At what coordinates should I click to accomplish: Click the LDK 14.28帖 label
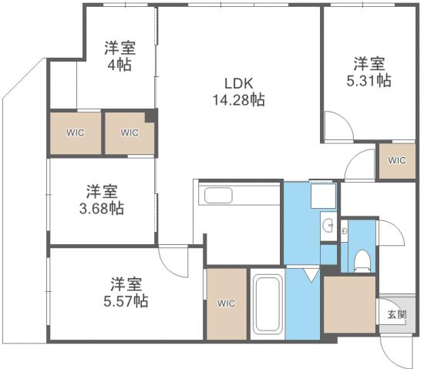[239, 92]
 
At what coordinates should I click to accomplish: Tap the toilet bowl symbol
[362, 260]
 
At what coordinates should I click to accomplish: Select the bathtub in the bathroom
[268, 304]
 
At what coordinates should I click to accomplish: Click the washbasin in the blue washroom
[328, 227]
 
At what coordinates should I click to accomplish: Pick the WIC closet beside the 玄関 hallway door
[396, 161]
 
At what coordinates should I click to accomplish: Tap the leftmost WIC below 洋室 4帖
[75, 132]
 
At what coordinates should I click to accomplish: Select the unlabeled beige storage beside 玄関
[349, 303]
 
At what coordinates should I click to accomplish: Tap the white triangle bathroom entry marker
[311, 273]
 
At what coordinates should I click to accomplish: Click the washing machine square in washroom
[322, 199]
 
